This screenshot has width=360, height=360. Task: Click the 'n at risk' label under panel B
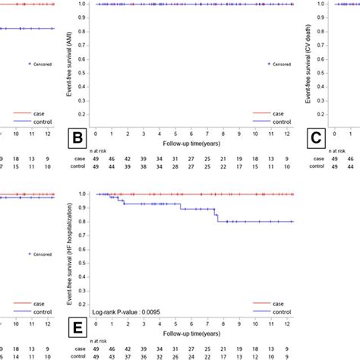tap(104, 149)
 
